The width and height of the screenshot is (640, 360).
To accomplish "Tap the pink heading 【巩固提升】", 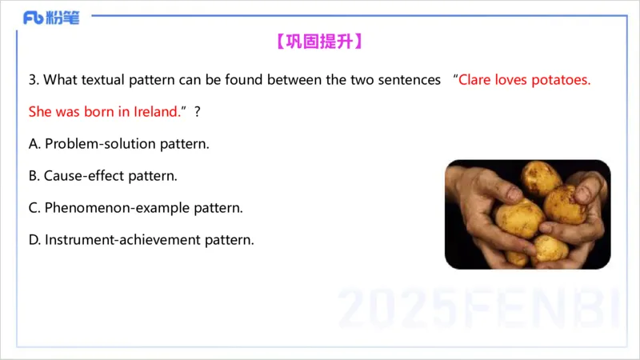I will point(319,42).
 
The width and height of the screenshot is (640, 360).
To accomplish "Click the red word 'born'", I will point(99,112).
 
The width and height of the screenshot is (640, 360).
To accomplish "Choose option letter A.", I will point(34,144).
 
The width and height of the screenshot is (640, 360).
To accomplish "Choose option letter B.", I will point(34,175).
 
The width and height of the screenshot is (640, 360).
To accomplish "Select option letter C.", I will point(34,208).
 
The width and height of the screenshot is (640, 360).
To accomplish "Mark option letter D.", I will point(34,239).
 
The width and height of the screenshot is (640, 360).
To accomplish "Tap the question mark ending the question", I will point(197,112).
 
